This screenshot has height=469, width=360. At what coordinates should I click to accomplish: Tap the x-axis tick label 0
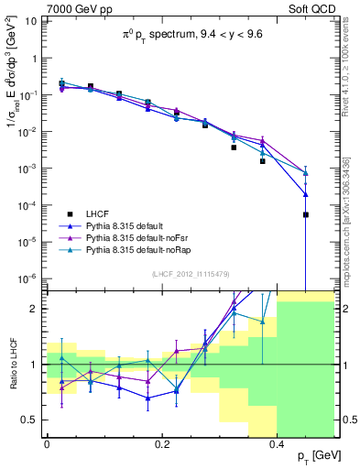coord(47,443)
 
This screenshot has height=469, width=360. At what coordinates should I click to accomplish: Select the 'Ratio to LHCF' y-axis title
coord(12,365)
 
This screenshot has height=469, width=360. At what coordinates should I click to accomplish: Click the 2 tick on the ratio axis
coord(36,309)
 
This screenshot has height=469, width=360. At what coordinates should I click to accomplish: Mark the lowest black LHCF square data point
coord(306,214)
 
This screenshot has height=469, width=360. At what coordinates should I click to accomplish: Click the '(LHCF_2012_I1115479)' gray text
coord(190,274)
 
